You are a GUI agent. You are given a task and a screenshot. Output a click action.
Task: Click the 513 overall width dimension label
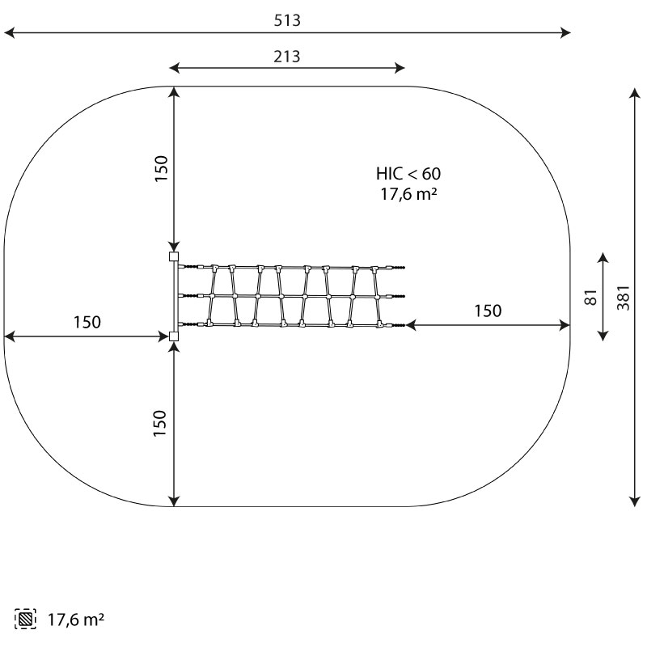click(287, 20)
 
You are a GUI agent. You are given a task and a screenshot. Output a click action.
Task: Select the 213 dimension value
click(287, 57)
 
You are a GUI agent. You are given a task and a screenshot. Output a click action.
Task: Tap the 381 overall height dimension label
click(623, 297)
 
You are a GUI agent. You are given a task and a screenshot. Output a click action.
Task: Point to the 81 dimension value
click(591, 297)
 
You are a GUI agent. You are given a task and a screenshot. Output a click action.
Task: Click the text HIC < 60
click(408, 174)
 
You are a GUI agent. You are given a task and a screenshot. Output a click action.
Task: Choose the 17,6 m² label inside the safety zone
click(408, 194)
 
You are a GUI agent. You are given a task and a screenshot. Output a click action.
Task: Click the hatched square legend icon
click(25, 619)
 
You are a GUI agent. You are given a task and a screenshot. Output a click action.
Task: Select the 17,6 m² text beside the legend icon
click(76, 620)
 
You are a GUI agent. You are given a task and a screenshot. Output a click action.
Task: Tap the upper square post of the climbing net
click(174, 256)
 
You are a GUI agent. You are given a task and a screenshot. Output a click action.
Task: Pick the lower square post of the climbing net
click(174, 336)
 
